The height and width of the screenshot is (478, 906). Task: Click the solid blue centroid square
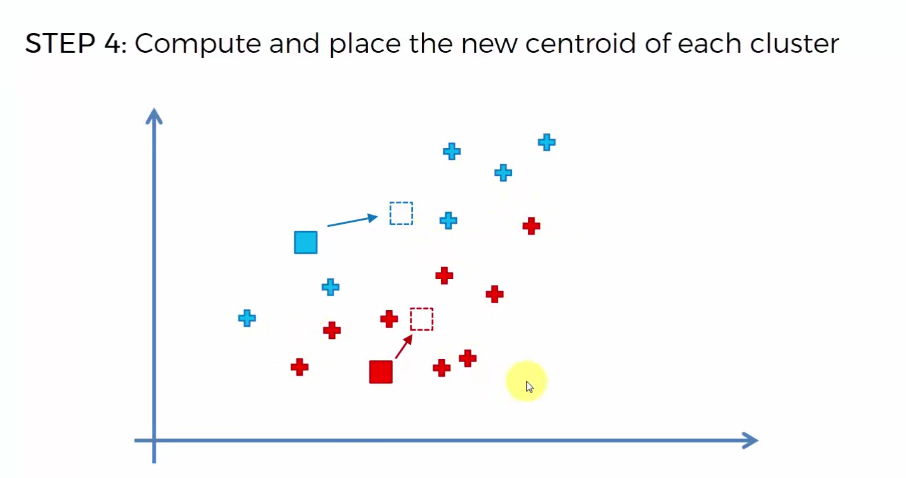click(306, 242)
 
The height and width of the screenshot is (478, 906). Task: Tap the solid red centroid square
click(381, 372)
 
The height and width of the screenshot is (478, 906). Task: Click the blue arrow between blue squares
click(352, 221)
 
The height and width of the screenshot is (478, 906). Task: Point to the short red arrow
click(403, 347)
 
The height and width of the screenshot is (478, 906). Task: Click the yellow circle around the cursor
click(526, 381)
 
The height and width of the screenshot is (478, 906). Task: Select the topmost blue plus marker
click(547, 142)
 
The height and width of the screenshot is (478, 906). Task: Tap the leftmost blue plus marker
click(247, 318)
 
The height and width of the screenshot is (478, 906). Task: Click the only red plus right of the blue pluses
click(532, 226)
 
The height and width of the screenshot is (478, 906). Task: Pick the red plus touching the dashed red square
click(389, 319)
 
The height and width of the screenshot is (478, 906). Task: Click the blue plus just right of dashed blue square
click(449, 221)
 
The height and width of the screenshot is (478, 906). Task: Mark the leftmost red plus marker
click(300, 367)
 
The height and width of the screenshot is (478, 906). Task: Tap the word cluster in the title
click(794, 43)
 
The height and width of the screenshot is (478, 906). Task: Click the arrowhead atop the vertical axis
click(154, 116)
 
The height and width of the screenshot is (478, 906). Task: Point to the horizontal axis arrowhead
click(750, 440)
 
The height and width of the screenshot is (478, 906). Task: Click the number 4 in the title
click(113, 43)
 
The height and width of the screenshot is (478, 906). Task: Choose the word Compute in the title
click(198, 44)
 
